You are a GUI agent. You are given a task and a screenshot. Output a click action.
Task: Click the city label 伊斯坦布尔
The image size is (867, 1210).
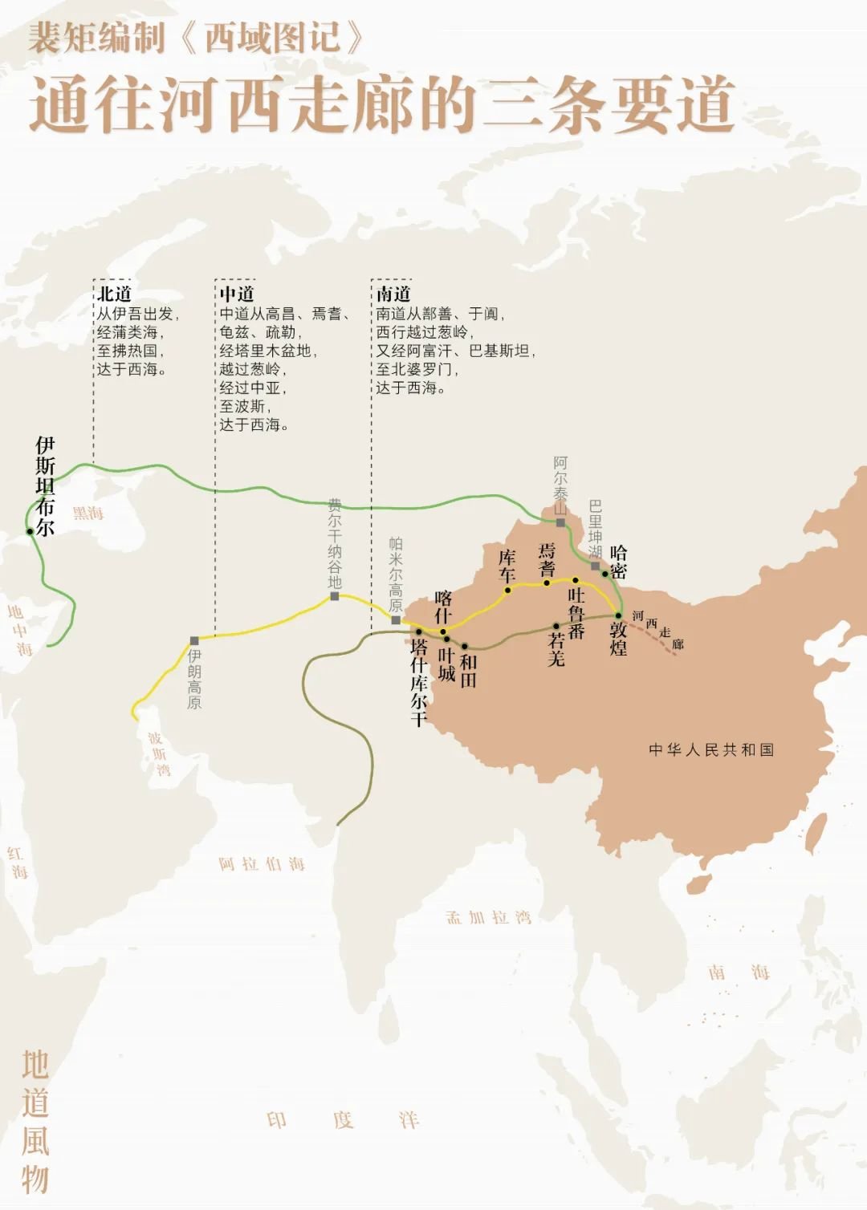[45, 486]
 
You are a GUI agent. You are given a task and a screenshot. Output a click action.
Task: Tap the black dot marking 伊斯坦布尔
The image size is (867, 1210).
[30, 531]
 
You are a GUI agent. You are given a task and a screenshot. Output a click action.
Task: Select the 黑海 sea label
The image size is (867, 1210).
[88, 513]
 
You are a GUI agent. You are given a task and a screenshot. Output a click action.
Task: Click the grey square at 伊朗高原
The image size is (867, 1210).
[194, 641]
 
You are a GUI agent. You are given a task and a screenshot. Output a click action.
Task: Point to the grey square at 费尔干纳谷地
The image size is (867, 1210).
[335, 596]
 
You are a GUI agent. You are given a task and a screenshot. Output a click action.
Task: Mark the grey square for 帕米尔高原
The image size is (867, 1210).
[396, 620]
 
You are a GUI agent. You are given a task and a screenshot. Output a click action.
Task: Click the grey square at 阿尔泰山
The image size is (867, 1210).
[560, 522]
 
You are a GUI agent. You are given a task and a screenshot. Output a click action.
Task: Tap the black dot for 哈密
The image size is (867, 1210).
[605, 574]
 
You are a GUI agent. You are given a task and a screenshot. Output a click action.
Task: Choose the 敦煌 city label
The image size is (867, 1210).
[618, 639]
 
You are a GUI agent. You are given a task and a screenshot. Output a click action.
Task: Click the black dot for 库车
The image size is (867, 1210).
[507, 591]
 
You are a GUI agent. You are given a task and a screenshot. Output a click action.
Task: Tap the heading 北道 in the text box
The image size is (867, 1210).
[115, 294]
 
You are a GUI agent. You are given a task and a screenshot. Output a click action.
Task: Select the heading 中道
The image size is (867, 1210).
[237, 294]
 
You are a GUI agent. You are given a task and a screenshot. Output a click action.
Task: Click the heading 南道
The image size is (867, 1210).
[393, 294]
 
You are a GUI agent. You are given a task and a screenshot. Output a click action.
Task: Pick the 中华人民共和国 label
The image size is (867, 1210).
[711, 749]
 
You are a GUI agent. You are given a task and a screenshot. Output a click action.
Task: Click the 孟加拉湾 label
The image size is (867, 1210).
[489, 917]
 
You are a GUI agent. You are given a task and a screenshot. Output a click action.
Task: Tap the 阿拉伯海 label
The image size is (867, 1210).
[262, 864]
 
